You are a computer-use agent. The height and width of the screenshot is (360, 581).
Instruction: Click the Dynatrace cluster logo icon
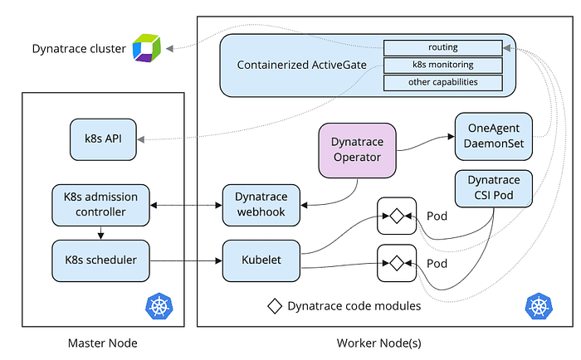[147, 48]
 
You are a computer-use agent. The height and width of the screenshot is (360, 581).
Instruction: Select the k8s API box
[103, 139]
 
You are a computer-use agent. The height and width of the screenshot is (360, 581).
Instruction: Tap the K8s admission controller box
[100, 205]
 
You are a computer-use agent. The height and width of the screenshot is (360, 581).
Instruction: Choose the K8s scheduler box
[100, 260]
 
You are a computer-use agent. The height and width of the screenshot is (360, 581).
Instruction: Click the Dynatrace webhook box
[261, 205]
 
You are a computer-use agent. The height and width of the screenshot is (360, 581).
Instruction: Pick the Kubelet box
[261, 260]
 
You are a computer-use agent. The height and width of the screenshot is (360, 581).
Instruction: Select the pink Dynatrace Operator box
[357, 150]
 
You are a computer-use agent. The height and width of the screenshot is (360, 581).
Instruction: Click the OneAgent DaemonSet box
[494, 136]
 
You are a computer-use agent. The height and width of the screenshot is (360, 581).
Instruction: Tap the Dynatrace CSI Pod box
[494, 188]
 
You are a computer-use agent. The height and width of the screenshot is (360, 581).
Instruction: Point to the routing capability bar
[442, 48]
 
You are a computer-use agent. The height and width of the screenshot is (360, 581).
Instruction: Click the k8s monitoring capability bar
[442, 66]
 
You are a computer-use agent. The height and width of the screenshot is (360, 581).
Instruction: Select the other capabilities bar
[442, 83]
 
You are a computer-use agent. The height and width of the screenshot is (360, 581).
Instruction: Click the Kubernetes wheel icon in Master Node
[159, 306]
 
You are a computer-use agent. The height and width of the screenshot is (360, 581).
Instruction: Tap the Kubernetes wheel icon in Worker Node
[539, 306]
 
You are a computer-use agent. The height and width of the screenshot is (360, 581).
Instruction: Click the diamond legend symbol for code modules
[275, 306]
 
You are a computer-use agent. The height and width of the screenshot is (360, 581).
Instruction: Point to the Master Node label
[103, 343]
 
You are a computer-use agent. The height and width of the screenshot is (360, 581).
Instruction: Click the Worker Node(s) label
[379, 343]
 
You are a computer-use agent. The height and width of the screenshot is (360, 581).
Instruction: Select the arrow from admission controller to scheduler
[100, 233]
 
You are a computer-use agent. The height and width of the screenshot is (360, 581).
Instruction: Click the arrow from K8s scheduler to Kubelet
[186, 260]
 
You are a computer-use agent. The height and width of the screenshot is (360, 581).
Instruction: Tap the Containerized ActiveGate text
[301, 66]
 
